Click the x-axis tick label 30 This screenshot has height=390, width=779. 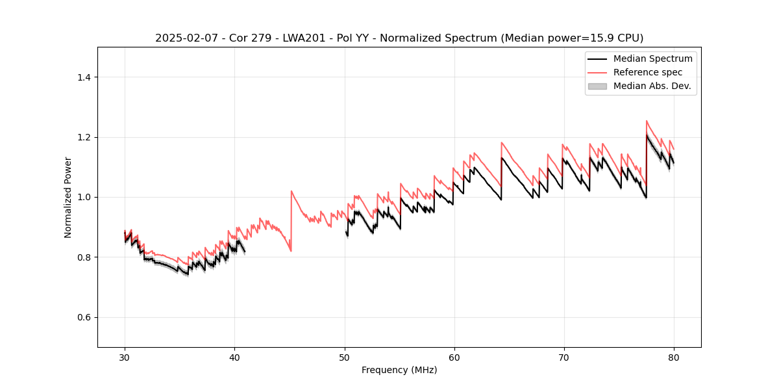click(125, 357)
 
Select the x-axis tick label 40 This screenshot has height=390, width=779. click(234, 357)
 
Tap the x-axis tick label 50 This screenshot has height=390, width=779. click(344, 357)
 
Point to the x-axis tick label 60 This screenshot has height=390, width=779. click(454, 357)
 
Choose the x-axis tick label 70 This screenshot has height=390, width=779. click(564, 357)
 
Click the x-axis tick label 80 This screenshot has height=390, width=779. click(674, 357)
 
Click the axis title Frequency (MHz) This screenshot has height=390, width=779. click(399, 370)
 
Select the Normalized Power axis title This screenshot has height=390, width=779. click(68, 197)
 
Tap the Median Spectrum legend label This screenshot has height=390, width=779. click(652, 58)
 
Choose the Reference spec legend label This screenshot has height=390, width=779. click(648, 72)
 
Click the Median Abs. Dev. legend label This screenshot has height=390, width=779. click(652, 86)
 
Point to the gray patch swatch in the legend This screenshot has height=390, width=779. click(597, 86)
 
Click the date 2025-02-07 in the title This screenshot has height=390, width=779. click(182, 38)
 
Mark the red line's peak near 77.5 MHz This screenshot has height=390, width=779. click(647, 121)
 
